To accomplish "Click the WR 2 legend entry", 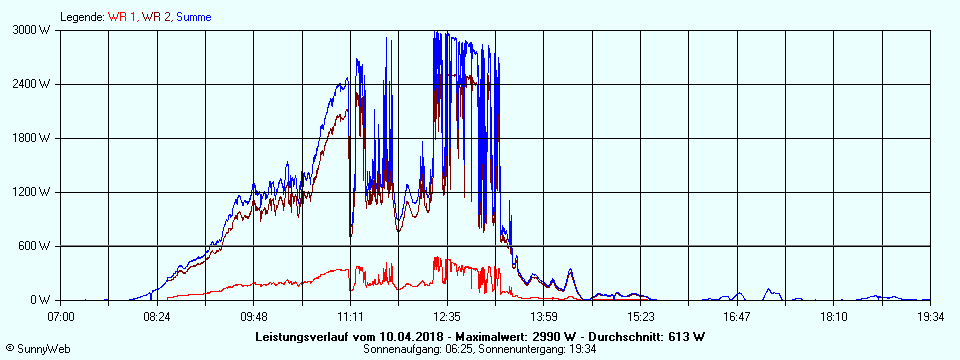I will [157, 17].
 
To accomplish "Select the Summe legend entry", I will [194, 17].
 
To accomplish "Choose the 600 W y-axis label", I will [36, 246].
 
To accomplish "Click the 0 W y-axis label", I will [41, 300].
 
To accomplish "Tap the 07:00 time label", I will [61, 317].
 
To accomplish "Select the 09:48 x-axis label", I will [254, 317].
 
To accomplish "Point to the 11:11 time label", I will [350, 317].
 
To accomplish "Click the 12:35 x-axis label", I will [447, 317].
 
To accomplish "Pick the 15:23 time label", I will [640, 317].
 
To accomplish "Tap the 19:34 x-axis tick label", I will [929, 317].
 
